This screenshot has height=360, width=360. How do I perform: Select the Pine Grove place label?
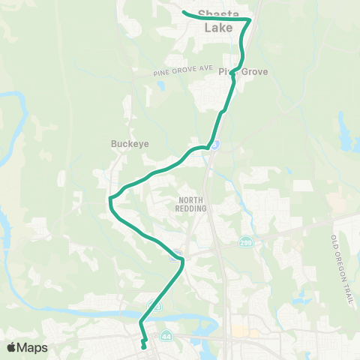click(x=243, y=72)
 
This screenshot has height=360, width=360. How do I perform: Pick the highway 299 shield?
click(x=245, y=243)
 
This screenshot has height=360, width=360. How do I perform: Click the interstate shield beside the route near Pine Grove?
click(x=214, y=144)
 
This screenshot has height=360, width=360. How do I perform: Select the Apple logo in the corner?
click(x=11, y=347)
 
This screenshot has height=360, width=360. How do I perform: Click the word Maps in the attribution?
click(x=33, y=347)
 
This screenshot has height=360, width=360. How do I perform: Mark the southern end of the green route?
click(x=144, y=347)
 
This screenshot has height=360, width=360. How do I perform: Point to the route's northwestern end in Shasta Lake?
click(x=184, y=10)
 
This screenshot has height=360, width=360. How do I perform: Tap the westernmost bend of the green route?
click(x=110, y=199)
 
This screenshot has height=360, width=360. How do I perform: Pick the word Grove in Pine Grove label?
click(x=253, y=72)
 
